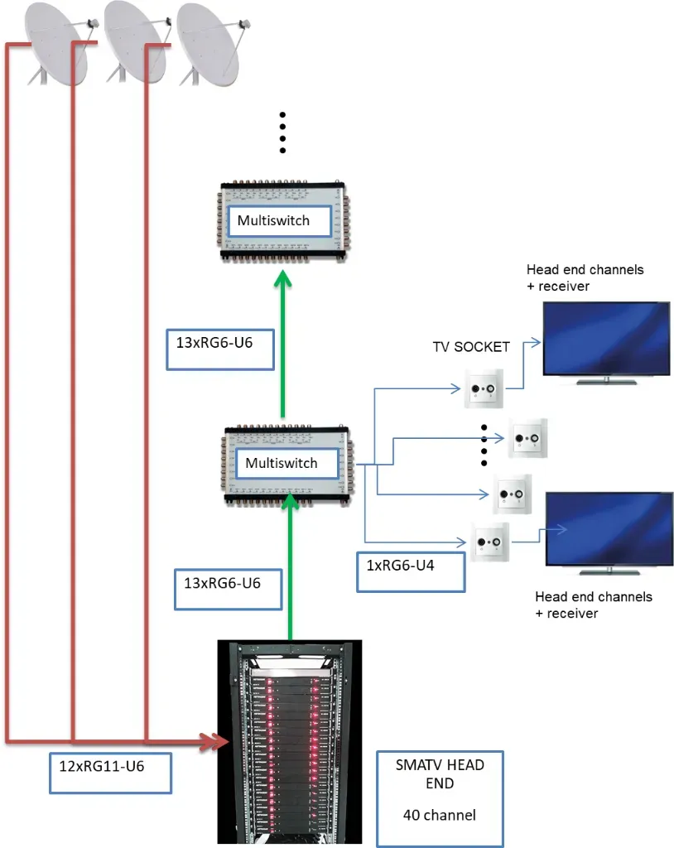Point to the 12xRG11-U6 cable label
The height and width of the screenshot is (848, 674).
pos(109,772)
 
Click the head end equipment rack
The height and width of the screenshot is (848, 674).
pos(290,741)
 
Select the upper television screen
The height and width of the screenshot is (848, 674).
pos(605,339)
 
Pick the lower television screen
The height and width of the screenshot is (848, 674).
pos(609,530)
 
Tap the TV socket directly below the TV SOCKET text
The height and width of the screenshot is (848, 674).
pos(480,387)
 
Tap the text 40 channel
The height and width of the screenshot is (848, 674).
pos(439,815)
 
